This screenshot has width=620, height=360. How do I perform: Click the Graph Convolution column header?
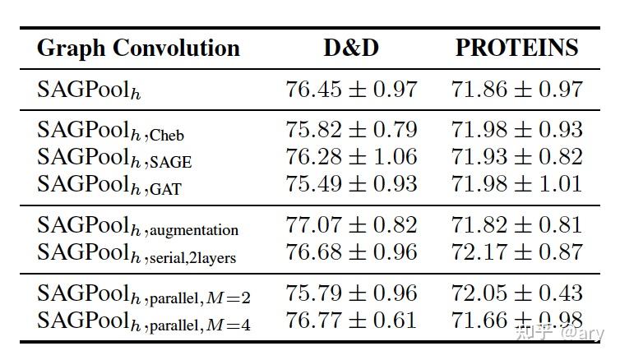[x=138, y=48]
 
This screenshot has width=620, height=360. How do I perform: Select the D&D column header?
[x=351, y=48]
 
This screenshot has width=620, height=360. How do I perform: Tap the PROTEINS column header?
[x=516, y=48]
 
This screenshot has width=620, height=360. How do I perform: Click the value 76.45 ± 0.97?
[x=351, y=89]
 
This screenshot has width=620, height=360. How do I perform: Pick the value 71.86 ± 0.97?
[x=516, y=89]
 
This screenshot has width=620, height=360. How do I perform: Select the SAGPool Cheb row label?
[x=110, y=132]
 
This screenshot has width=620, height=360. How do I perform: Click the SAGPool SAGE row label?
[x=113, y=159]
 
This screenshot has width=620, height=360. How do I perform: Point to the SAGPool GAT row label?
[x=109, y=186]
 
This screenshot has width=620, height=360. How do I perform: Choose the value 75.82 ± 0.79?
[x=351, y=130]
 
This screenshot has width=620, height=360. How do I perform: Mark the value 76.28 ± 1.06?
[x=351, y=157]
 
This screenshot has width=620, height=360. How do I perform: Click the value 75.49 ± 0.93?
[x=351, y=184]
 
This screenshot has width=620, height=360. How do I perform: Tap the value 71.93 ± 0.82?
[x=516, y=157]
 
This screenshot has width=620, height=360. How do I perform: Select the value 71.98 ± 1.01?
[x=516, y=184]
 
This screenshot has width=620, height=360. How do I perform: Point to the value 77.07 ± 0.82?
[x=351, y=225]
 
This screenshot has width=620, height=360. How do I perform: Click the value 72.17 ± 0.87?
[x=516, y=252]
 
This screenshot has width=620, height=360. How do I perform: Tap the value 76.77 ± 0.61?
[x=351, y=321]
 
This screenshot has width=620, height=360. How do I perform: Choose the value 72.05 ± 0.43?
[x=516, y=293]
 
